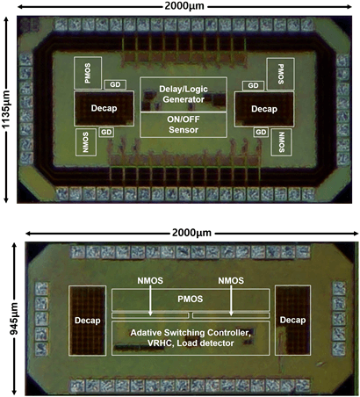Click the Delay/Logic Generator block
pyautogui.click(x=184, y=94)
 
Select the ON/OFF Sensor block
pyautogui.click(x=184, y=125)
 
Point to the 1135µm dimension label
pyautogui.click(x=6, y=110)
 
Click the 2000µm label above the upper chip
pyautogui.click(x=184, y=6)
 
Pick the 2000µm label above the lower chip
pyautogui.click(x=191, y=233)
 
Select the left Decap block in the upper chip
pyautogui.click(x=104, y=108)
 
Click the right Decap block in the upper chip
pyautogui.click(x=264, y=109)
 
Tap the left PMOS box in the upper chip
pyautogui.click(x=88, y=73)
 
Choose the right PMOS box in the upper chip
pyautogui.click(x=281, y=74)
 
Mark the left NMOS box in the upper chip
pyautogui.click(x=86, y=142)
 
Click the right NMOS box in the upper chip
pyautogui.click(x=281, y=142)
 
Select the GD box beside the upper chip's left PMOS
pyautogui.click(x=115, y=84)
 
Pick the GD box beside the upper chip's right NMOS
pyautogui.click(x=261, y=132)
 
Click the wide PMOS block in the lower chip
pyautogui.click(x=191, y=300)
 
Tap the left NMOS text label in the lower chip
pyautogui.click(x=150, y=281)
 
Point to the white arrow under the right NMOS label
pyautogui.click(x=231, y=300)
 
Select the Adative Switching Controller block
pyautogui.click(x=191, y=338)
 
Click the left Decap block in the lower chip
pyautogui.click(x=87, y=321)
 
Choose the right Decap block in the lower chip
pyautogui.click(x=292, y=320)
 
